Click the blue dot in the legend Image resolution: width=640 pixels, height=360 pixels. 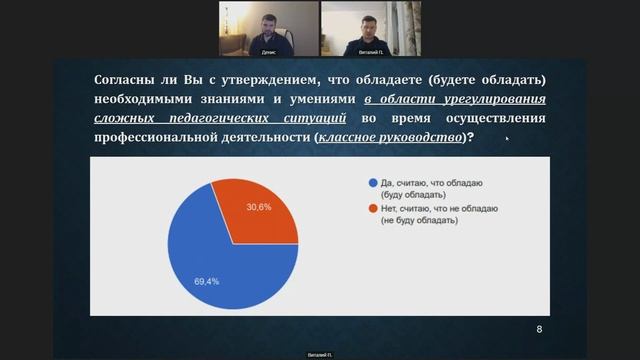click(372, 183)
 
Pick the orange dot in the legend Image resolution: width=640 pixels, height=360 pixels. click(372, 208)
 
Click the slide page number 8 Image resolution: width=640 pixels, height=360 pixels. click(540, 329)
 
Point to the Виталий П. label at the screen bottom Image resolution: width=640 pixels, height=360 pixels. click(319, 353)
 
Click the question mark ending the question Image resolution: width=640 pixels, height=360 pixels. click(471, 137)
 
